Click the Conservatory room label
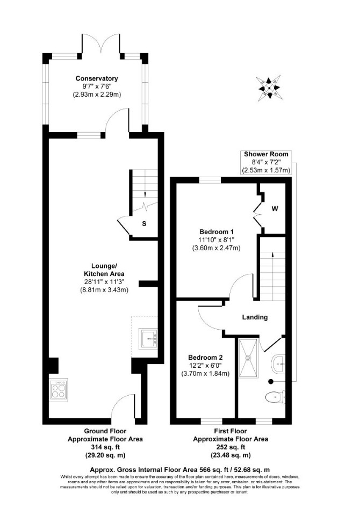coord(97,78)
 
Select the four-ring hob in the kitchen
coord(59,390)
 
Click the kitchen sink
coord(148,339)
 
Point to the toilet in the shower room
coord(275,397)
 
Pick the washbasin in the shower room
coord(278,365)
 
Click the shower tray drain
coord(249,358)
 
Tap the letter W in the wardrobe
coord(275,209)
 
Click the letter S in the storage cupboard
coord(144,224)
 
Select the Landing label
coord(255,317)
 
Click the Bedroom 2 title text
coord(206,358)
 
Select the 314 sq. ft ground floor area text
coord(105,447)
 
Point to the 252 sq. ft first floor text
coord(231,447)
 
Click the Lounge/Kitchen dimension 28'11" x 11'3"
coord(104,282)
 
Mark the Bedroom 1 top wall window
coord(210,180)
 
